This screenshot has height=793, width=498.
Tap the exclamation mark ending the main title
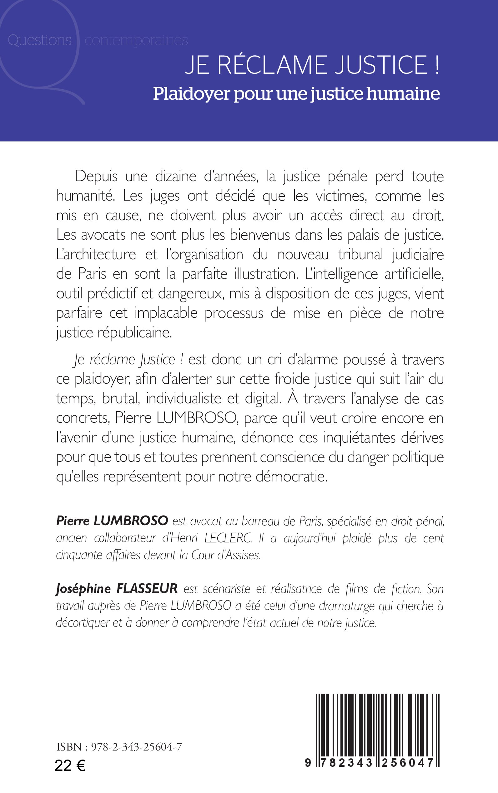[x=437, y=65]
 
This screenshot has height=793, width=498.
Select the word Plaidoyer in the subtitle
[x=191, y=94]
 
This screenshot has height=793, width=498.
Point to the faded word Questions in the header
[x=39, y=40]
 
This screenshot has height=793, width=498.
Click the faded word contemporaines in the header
[x=136, y=41]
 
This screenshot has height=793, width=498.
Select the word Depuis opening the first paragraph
[x=96, y=177]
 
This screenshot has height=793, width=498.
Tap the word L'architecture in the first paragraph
[x=96, y=254]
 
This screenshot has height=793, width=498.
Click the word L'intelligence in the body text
[x=341, y=274]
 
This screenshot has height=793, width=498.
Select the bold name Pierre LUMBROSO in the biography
[x=112, y=521]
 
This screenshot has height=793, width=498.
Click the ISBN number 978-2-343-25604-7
[x=136, y=746]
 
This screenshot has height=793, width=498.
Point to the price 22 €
[x=70, y=766]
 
